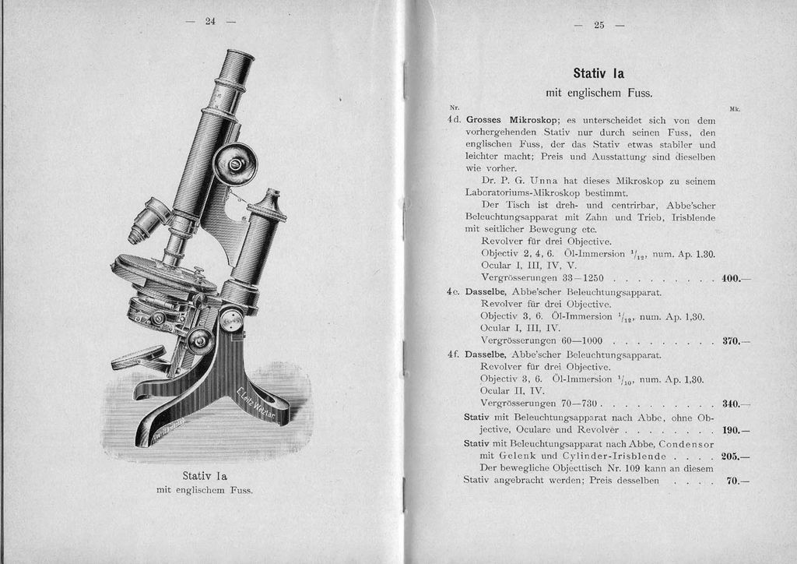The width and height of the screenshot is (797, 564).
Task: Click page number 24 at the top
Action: (210, 21)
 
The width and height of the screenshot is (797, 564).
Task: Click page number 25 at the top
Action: (599, 25)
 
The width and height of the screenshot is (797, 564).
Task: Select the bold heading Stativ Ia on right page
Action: (599, 74)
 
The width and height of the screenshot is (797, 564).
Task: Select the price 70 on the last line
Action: (732, 481)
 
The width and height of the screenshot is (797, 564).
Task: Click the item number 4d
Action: (455, 121)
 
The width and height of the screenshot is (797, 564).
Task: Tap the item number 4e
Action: (455, 292)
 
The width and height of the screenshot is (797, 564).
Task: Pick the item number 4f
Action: (455, 354)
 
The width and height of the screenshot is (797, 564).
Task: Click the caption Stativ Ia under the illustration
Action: (205, 475)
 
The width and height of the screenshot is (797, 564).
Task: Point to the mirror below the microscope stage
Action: (139, 358)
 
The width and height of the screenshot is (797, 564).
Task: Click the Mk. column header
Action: (734, 109)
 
